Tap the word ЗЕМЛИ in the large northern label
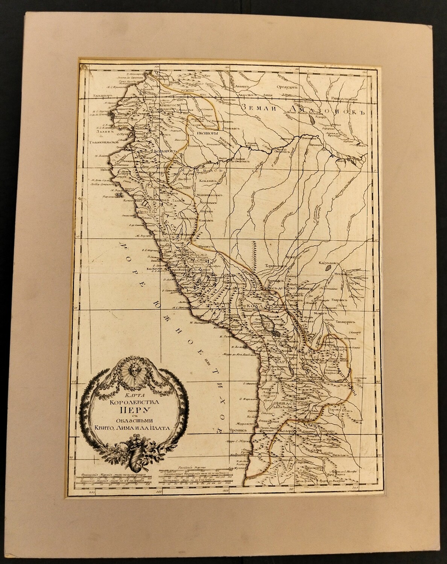click(x=260, y=107)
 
